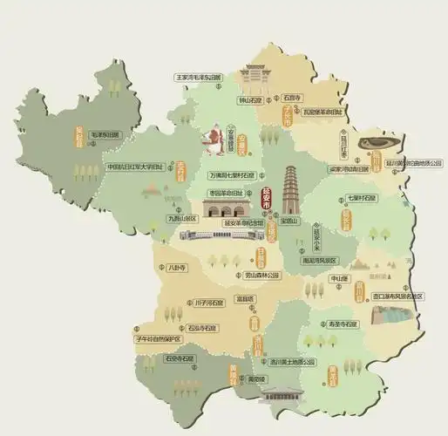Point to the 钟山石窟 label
[252, 100]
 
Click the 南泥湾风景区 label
[319, 259]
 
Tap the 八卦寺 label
[176, 269]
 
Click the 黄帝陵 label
[255, 380]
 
